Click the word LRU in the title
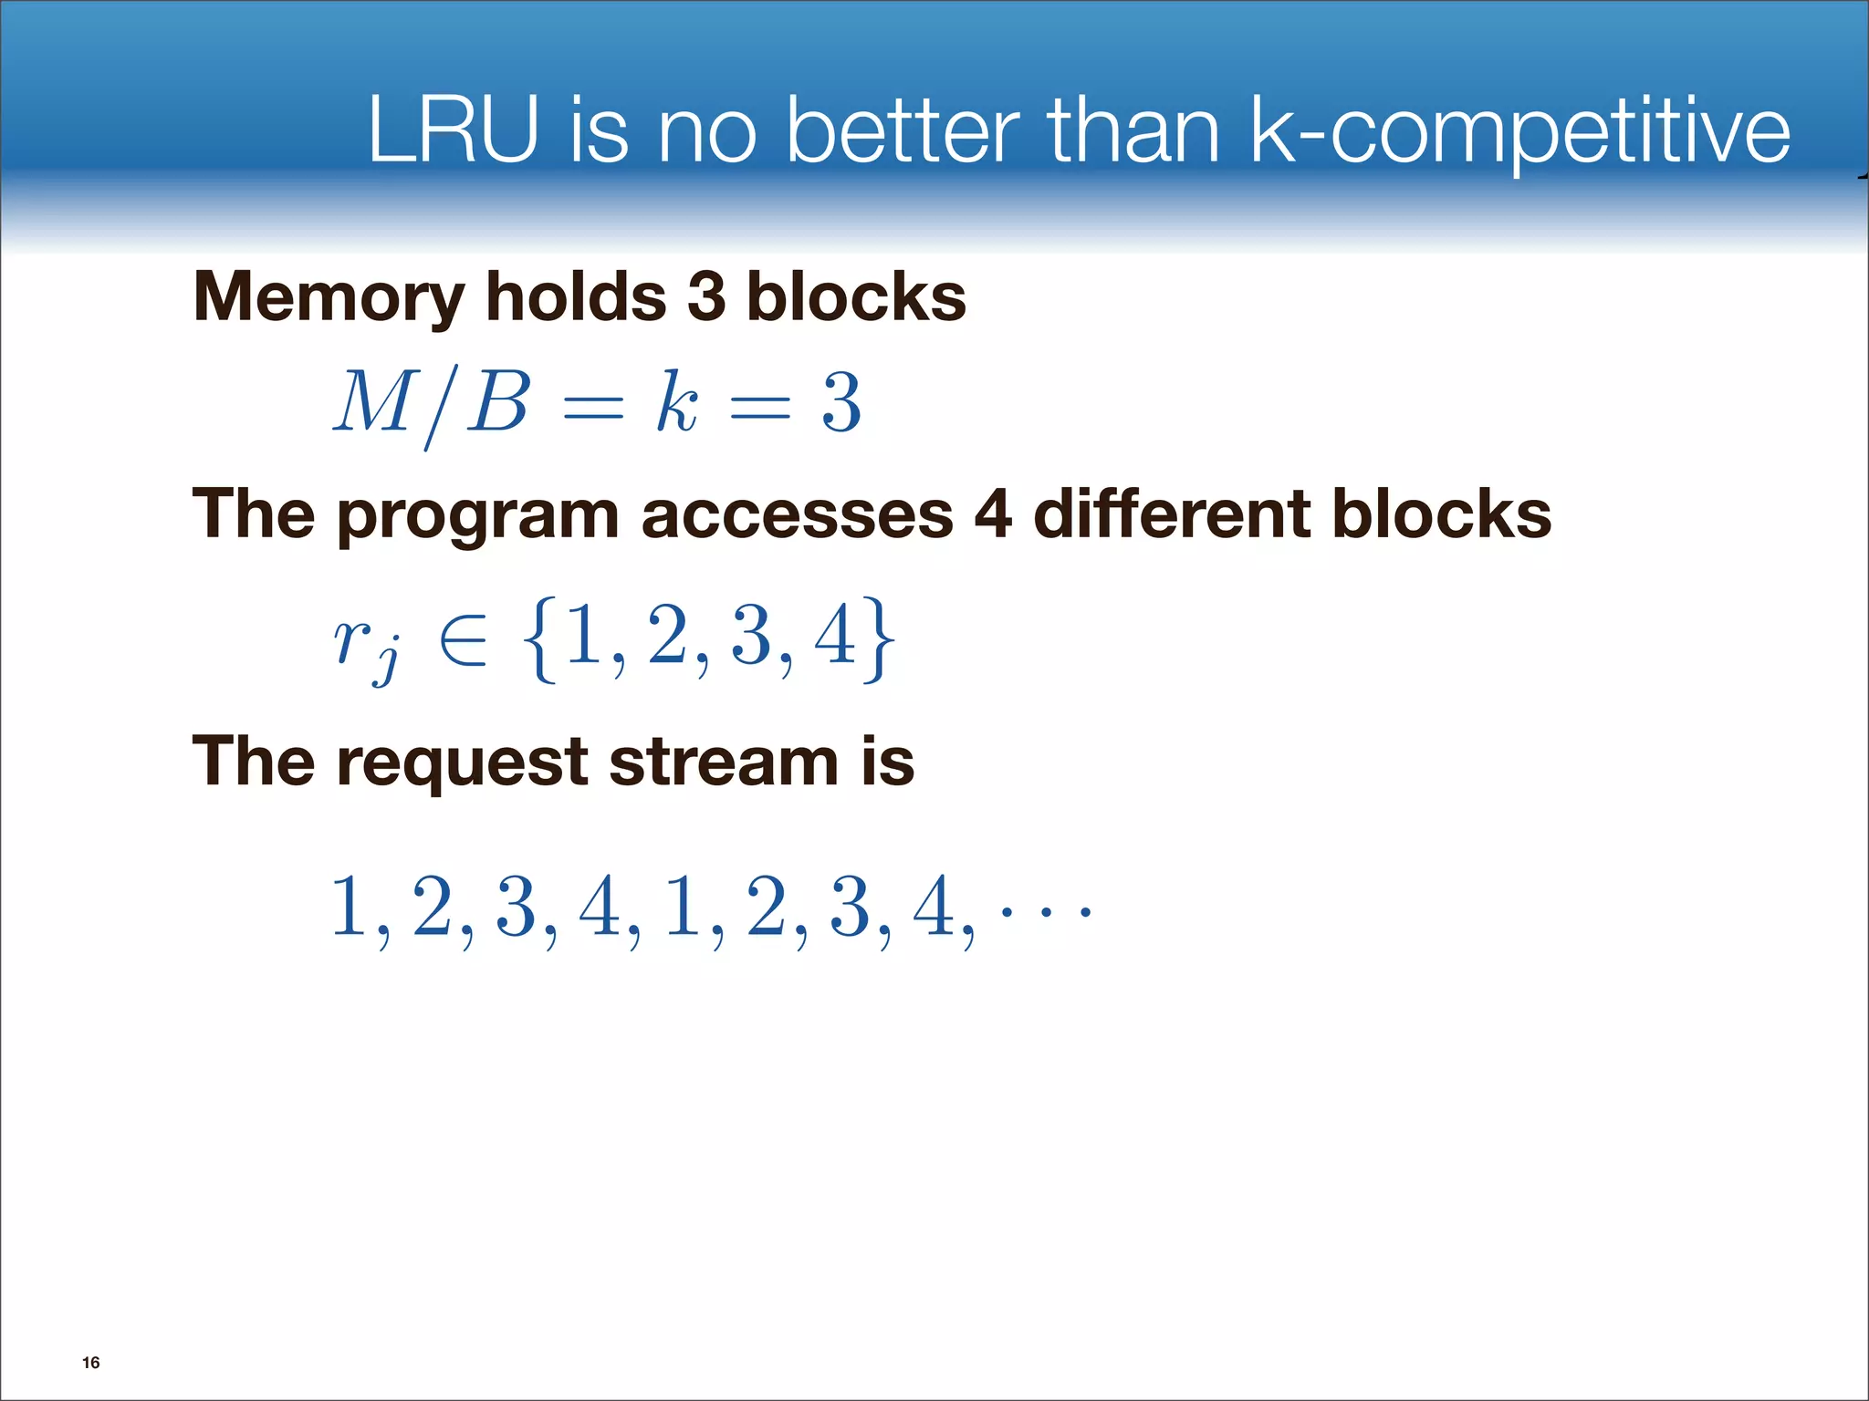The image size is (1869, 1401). [453, 131]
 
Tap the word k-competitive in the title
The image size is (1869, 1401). [1518, 133]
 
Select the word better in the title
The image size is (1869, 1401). [902, 131]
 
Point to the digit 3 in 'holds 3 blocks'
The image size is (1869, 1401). [706, 297]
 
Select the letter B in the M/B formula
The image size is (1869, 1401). [498, 402]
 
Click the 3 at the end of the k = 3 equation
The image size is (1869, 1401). [841, 402]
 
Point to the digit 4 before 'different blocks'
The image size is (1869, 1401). [993, 514]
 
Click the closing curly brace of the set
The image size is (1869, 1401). [878, 638]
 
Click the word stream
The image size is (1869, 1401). [723, 762]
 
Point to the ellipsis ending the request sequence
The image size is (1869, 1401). [1045, 910]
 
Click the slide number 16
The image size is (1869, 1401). [91, 1363]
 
